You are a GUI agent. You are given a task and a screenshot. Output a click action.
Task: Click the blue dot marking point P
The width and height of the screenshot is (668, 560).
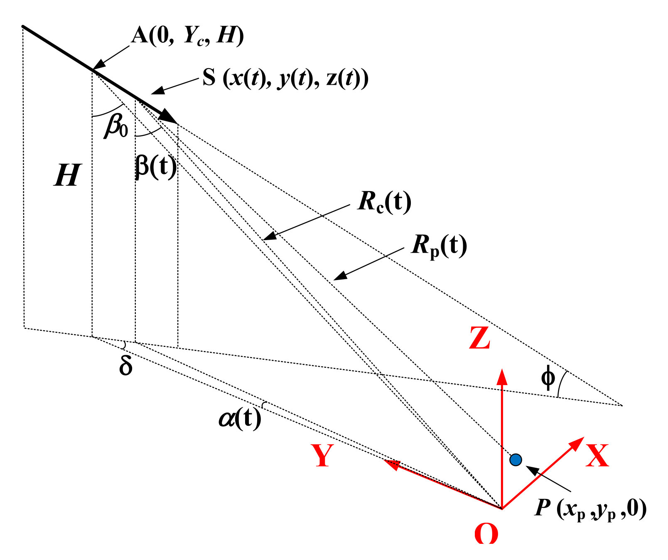(516, 459)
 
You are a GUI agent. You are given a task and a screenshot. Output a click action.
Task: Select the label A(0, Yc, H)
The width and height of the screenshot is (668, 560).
(187, 37)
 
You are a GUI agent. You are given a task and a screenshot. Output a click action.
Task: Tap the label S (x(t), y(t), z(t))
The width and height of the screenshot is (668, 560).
(285, 78)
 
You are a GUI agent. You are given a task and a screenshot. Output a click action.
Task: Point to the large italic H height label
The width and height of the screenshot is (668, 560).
(67, 175)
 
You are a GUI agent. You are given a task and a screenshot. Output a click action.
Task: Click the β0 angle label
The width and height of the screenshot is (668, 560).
(116, 126)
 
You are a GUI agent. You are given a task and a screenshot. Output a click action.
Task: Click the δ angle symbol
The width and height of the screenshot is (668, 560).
(125, 366)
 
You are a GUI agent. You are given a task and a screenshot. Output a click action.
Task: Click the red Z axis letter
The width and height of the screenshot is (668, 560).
(480, 338)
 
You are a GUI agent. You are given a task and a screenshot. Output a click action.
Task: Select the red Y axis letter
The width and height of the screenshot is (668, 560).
(322, 455)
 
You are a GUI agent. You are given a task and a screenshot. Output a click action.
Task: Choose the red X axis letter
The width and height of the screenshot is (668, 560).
(597, 455)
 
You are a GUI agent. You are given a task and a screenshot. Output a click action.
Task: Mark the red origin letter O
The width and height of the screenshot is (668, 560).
(486, 533)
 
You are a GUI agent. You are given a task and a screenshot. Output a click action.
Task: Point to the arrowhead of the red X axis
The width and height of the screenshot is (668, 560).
(578, 442)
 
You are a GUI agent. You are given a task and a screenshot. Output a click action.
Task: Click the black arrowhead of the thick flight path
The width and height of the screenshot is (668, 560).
(170, 118)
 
